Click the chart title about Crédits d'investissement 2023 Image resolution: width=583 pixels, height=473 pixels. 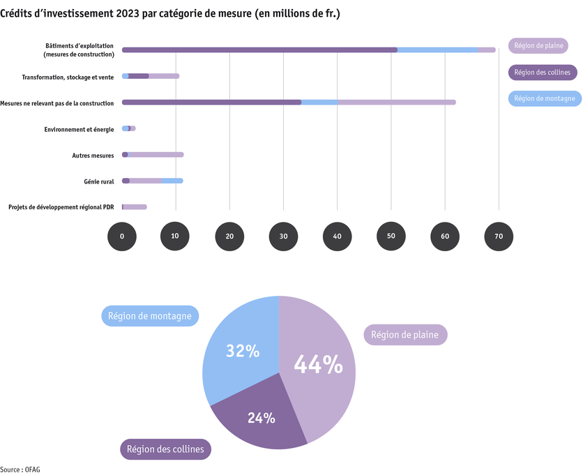tap(170, 13)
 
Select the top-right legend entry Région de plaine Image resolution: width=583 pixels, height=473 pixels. tap(538, 46)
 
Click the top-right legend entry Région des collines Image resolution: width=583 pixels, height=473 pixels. tap(542, 73)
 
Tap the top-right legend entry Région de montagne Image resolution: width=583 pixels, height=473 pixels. tap(545, 99)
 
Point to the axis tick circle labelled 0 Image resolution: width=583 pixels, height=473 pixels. tap(122, 236)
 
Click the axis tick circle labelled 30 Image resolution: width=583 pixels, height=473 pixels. tap(283, 236)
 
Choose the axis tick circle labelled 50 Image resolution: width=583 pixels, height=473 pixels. tap(391, 236)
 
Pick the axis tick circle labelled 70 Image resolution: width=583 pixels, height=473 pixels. tap(499, 236)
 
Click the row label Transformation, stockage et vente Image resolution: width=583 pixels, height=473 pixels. tap(68, 77)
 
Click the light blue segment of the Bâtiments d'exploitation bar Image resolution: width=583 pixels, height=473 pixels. tap(437, 50)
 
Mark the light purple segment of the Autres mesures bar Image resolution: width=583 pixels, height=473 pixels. tap(155, 155)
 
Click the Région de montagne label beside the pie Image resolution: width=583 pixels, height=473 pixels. tap(151, 316)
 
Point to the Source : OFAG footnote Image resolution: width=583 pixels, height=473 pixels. tap(20, 469)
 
